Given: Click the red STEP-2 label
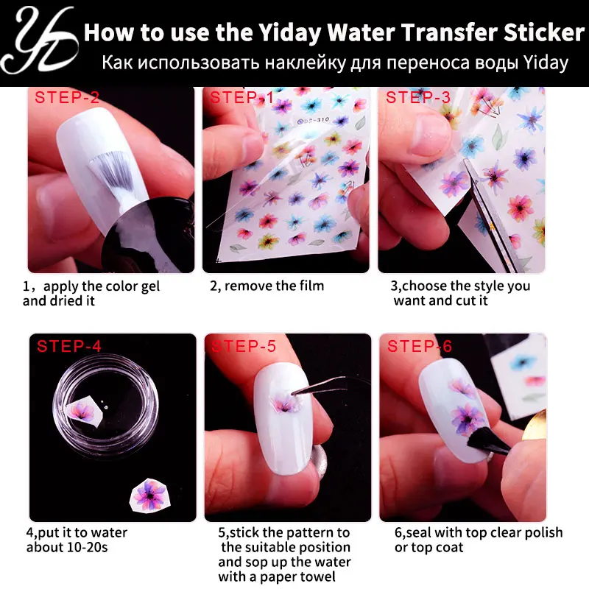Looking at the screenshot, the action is [67, 97].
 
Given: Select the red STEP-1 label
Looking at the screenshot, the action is [241, 97].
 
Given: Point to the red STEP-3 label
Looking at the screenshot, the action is [417, 97].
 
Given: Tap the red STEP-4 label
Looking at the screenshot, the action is [69, 346].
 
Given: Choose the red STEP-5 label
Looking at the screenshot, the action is [244, 346].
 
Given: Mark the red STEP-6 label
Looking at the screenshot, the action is [420, 346].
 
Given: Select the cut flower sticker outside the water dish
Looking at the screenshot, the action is [149, 495].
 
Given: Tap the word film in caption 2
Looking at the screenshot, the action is [311, 286].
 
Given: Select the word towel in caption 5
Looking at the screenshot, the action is [317, 576].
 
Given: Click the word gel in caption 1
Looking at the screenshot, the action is [150, 286].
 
